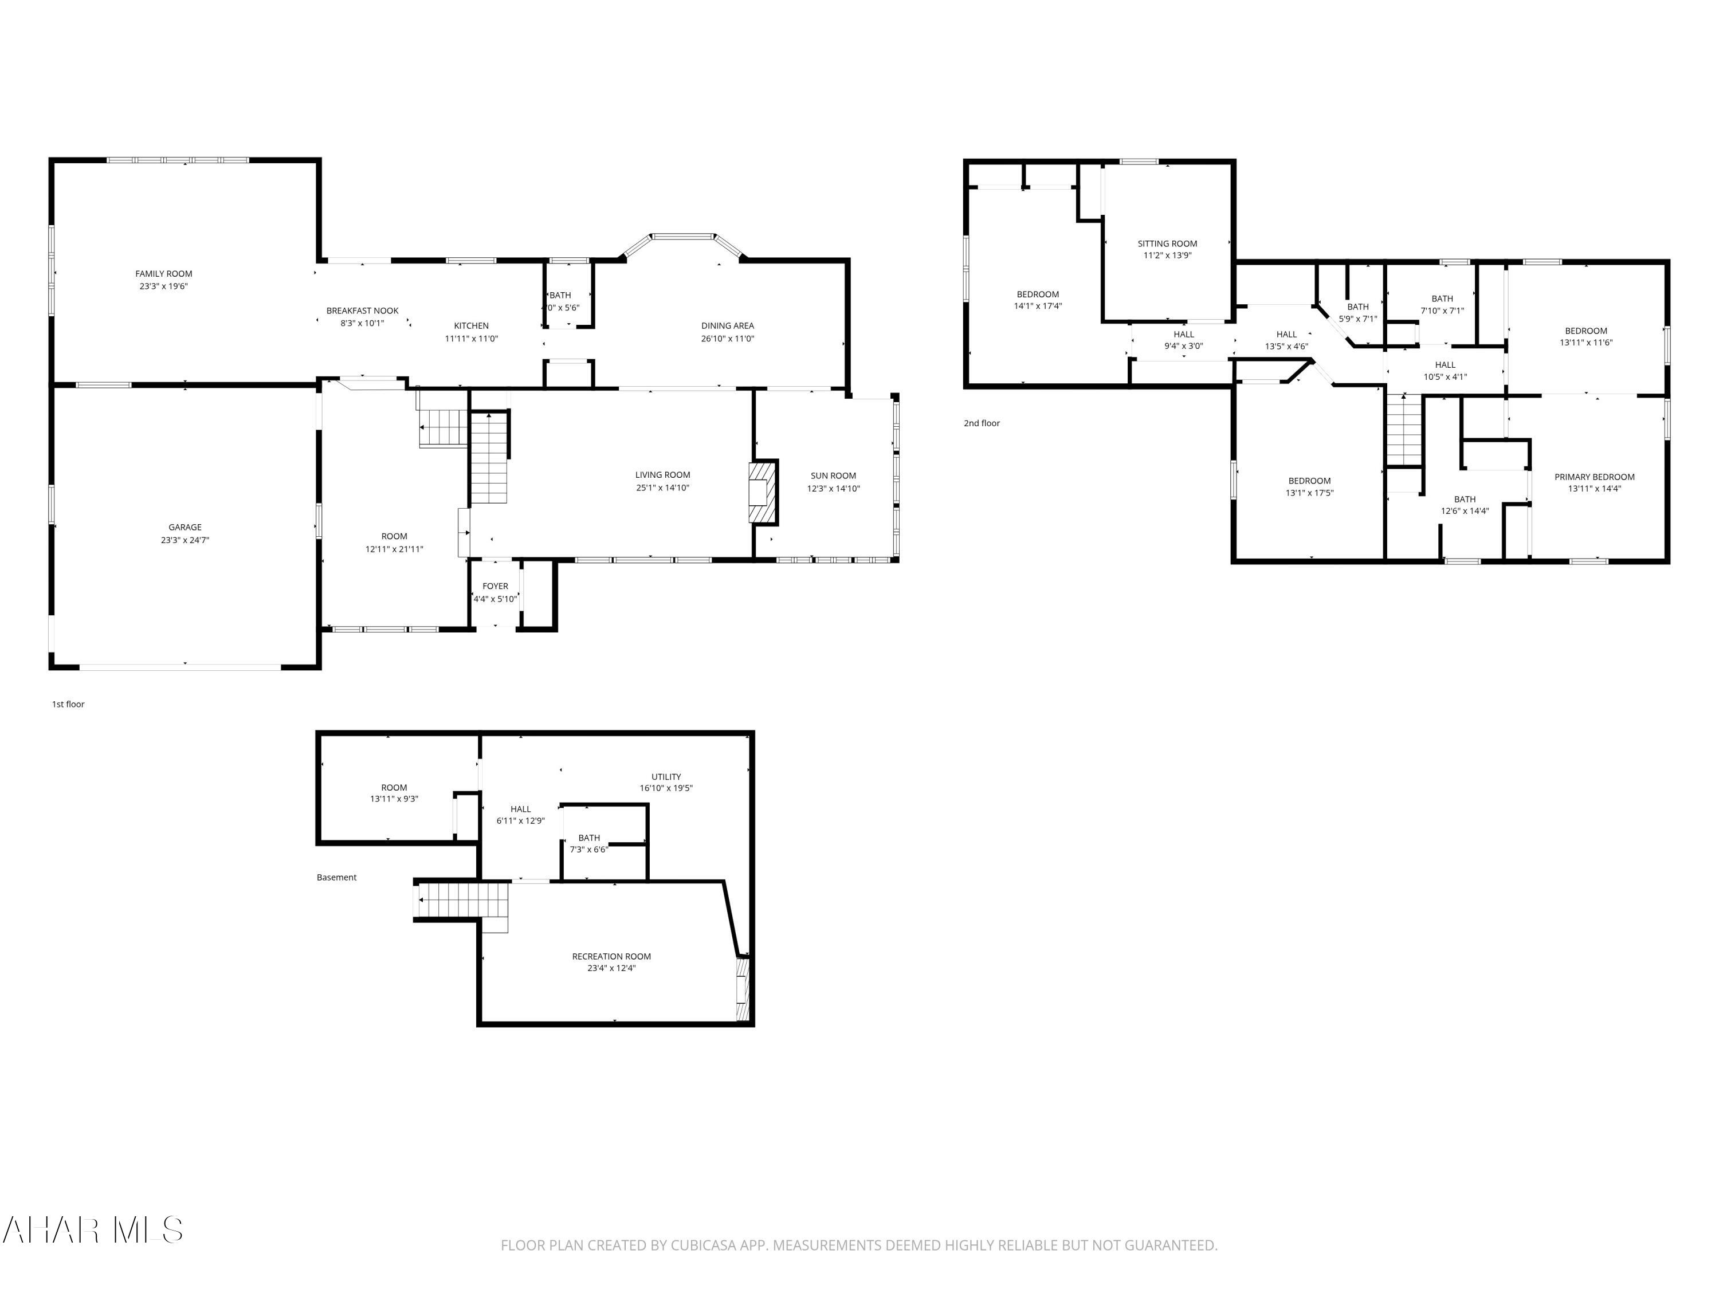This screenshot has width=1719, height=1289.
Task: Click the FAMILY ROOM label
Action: coord(163,273)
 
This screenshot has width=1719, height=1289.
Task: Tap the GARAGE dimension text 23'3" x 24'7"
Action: coord(185,540)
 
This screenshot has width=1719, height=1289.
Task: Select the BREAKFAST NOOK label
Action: coord(362,311)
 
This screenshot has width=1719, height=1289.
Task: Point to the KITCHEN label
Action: coord(471,325)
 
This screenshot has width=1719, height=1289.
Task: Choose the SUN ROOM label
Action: coord(833,475)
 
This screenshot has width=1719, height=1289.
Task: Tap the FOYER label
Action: coord(495,587)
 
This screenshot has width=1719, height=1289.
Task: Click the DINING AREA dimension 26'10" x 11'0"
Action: coord(727,339)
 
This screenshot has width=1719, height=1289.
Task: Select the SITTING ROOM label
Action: coord(1167,243)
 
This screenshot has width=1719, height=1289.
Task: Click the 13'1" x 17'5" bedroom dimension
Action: coord(1309,493)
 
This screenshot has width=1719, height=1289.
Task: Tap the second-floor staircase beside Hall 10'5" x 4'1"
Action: coord(1404,430)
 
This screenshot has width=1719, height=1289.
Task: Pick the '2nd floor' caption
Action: coord(982,423)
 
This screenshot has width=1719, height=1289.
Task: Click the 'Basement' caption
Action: coord(336,877)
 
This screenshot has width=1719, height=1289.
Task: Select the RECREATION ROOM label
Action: coord(611,957)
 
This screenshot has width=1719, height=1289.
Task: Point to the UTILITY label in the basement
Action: coord(666,776)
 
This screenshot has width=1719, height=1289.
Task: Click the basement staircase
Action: coord(463,901)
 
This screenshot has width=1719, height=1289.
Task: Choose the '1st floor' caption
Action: coord(68,704)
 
